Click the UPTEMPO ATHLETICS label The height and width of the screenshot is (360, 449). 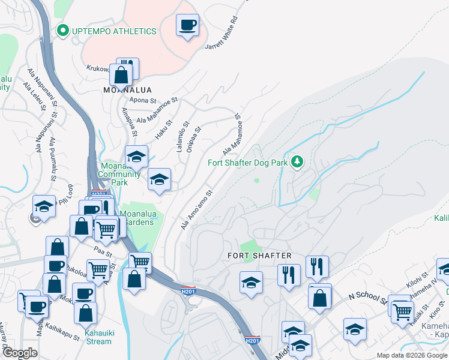[114, 31]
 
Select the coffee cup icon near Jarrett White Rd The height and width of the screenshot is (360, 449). [188, 25]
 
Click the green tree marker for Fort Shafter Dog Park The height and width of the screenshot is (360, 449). [297, 161]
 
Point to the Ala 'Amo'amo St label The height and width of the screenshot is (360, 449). [197, 210]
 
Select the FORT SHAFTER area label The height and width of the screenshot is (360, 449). [259, 256]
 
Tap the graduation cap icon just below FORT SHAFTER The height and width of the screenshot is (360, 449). [251, 283]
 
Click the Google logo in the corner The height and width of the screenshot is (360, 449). [19, 353]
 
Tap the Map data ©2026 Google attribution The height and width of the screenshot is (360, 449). [411, 355]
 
